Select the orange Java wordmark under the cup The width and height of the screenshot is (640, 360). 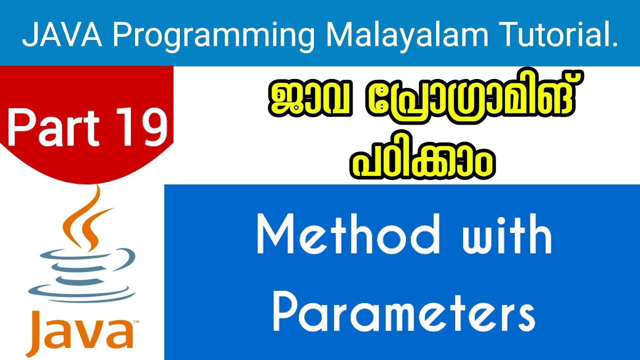(82, 332)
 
